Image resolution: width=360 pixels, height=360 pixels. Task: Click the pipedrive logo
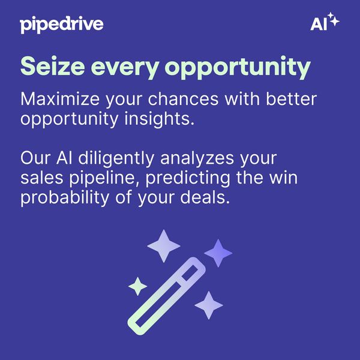coord(62,25)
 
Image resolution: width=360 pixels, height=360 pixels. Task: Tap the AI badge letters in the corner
coord(319,24)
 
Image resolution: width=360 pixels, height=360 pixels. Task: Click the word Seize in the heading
coord(53,66)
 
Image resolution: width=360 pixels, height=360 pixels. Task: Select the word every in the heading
coord(125,68)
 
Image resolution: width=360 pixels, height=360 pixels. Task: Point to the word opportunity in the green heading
coord(238,68)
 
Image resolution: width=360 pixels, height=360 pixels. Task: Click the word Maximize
coord(60,99)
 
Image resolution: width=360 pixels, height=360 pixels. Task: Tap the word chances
coord(183,99)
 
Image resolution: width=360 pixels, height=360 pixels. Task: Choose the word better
coord(292,99)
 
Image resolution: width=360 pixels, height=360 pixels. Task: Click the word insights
coord(160,119)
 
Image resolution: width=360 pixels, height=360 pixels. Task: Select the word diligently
coord(116,159)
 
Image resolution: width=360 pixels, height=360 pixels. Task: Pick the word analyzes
coord(197,159)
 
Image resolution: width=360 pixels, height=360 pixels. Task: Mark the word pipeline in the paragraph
coord(104,179)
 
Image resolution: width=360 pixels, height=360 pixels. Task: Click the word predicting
coord(188,179)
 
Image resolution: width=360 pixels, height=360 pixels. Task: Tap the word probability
coord(65,199)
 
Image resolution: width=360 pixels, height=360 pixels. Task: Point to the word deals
coord(205,197)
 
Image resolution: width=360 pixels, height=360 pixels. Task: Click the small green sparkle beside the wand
coord(138,286)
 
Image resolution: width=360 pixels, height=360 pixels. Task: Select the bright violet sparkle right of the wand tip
coord(218,253)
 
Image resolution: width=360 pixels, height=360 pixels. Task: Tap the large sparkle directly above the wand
coord(164,246)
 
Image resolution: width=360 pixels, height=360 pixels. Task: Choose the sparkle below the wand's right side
coord(209,305)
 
